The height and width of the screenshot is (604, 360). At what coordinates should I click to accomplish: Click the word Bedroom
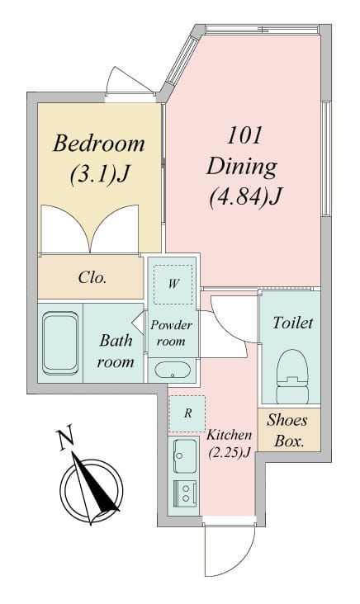pos(99,144)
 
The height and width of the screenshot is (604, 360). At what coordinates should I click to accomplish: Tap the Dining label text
pos(242,168)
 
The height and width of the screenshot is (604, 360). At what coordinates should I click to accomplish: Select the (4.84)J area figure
pos(244,197)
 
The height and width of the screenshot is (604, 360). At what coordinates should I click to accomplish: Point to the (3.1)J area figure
pos(99,174)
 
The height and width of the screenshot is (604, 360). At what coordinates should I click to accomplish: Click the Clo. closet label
pos(92,277)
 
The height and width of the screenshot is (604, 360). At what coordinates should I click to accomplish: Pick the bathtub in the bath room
pos(60,343)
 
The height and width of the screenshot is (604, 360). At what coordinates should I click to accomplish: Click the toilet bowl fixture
pos(292,376)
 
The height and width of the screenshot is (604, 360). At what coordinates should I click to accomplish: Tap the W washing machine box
pos(173,285)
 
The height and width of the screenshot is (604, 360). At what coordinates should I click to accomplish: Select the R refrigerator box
pos(187,413)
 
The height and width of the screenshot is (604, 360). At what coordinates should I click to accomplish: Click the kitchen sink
pos(185,456)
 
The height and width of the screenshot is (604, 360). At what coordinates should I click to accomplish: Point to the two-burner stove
pos(186,493)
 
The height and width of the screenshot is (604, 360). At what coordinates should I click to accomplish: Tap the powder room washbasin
pos(173,370)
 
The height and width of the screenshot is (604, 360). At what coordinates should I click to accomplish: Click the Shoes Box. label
pos(288,430)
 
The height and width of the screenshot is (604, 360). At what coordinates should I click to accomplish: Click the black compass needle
pos(96,486)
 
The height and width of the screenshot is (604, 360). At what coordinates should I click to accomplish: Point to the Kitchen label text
pos(230,435)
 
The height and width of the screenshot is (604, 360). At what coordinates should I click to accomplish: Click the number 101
pos(244,136)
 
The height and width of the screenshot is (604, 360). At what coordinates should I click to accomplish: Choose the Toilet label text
pos(292,323)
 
